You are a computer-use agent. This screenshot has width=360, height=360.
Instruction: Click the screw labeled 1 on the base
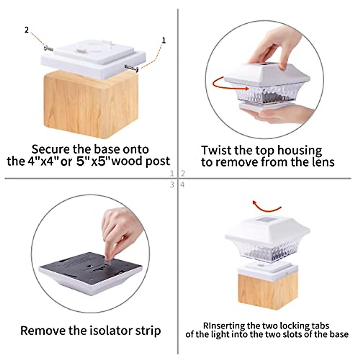pyautogui.click(x=131, y=68)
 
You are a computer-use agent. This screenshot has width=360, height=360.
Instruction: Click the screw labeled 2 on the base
pyautogui.click(x=49, y=49)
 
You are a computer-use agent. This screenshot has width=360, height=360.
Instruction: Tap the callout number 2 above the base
pyautogui.click(x=26, y=30)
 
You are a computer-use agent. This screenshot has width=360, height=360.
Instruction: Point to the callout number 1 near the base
pyautogui.click(x=164, y=40)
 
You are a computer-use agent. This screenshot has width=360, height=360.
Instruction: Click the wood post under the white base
pyautogui.click(x=91, y=105)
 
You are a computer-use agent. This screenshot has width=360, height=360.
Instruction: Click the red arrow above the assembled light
pyautogui.click(x=266, y=206)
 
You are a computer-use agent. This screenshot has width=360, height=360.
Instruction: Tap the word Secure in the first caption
pyautogui.click(x=51, y=149)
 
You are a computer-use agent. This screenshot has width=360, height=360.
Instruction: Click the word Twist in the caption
pyautogui.click(x=216, y=150)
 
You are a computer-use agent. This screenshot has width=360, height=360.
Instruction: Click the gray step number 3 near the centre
pyautogui.click(x=172, y=185)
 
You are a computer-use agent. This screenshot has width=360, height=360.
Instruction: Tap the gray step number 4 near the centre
pyautogui.click(x=182, y=185)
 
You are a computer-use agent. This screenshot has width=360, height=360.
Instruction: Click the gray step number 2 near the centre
pyautogui.click(x=183, y=174)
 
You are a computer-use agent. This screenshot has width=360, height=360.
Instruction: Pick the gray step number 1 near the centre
pyautogui.click(x=172, y=174)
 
